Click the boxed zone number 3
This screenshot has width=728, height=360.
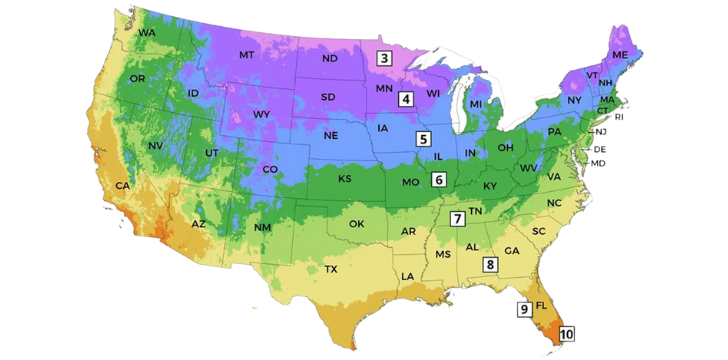coord(384,58)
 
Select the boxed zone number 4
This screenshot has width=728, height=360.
coord(405,98)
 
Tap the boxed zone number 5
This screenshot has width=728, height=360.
coord(424,139)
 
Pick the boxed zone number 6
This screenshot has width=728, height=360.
coord(438,180)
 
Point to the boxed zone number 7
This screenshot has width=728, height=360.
coord(457,219)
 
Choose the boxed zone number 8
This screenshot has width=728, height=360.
coord(490,264)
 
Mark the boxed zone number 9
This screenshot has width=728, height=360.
coord(523,309)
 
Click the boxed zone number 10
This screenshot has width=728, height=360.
coord(566,334)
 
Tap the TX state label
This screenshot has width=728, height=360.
coord(331,270)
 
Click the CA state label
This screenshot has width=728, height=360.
coord(122,186)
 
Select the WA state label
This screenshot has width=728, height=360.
coord(147,33)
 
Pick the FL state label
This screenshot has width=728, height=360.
coord(542,305)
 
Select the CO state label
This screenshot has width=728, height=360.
coord(270,170)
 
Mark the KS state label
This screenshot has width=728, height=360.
coord(344,179)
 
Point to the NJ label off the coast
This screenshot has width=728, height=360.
coord(601,132)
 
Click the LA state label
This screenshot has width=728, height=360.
coord(408,275)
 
